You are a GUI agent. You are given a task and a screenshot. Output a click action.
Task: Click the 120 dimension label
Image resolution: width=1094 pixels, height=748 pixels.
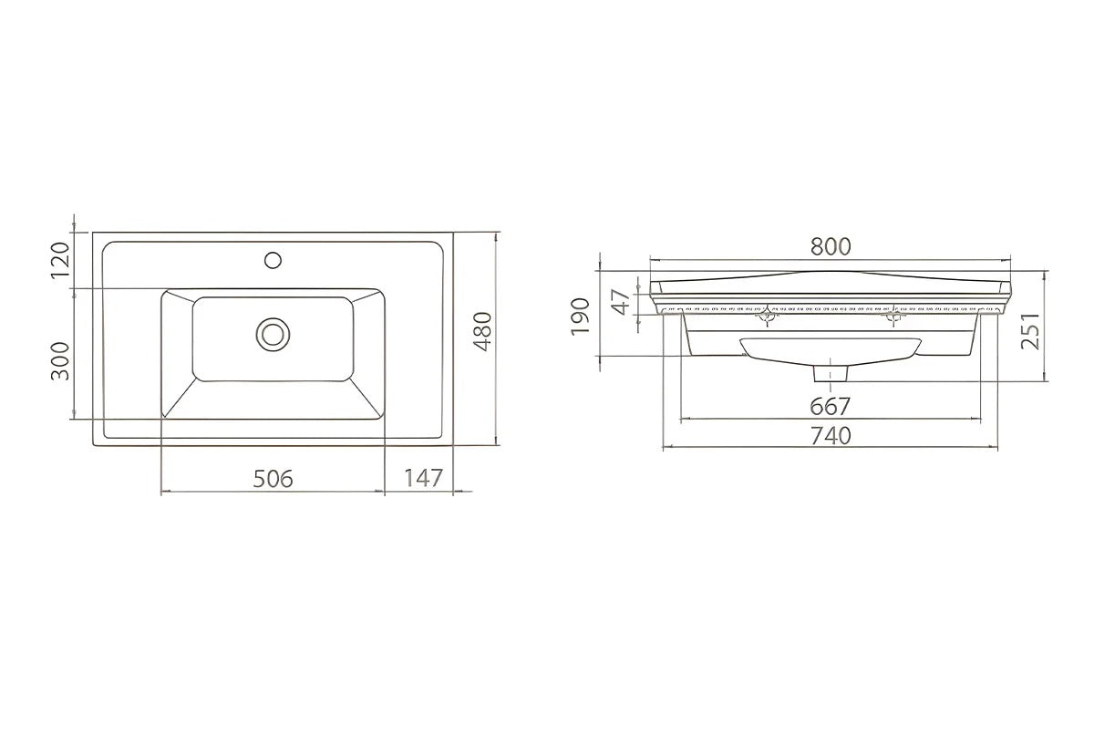[61, 260]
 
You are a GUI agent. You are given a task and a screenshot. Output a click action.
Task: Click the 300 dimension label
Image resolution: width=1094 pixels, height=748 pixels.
[61, 361]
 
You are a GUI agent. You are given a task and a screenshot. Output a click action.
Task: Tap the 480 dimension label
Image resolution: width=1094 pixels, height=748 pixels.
[483, 332]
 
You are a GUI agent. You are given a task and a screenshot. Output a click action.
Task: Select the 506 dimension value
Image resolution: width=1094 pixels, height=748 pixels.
[273, 479]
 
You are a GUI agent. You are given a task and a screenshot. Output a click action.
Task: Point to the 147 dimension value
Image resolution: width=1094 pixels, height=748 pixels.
[423, 479]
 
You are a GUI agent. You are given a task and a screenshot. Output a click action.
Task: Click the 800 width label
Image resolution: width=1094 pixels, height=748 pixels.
[831, 246]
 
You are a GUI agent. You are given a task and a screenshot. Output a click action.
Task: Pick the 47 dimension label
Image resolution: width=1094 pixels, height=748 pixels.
[622, 302]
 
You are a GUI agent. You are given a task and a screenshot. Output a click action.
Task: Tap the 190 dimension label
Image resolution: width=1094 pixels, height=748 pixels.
[580, 317]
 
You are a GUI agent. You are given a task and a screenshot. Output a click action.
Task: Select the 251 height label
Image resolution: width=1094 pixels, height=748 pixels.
[1030, 331]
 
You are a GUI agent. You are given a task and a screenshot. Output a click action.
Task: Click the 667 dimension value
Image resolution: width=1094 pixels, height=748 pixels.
[831, 407]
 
